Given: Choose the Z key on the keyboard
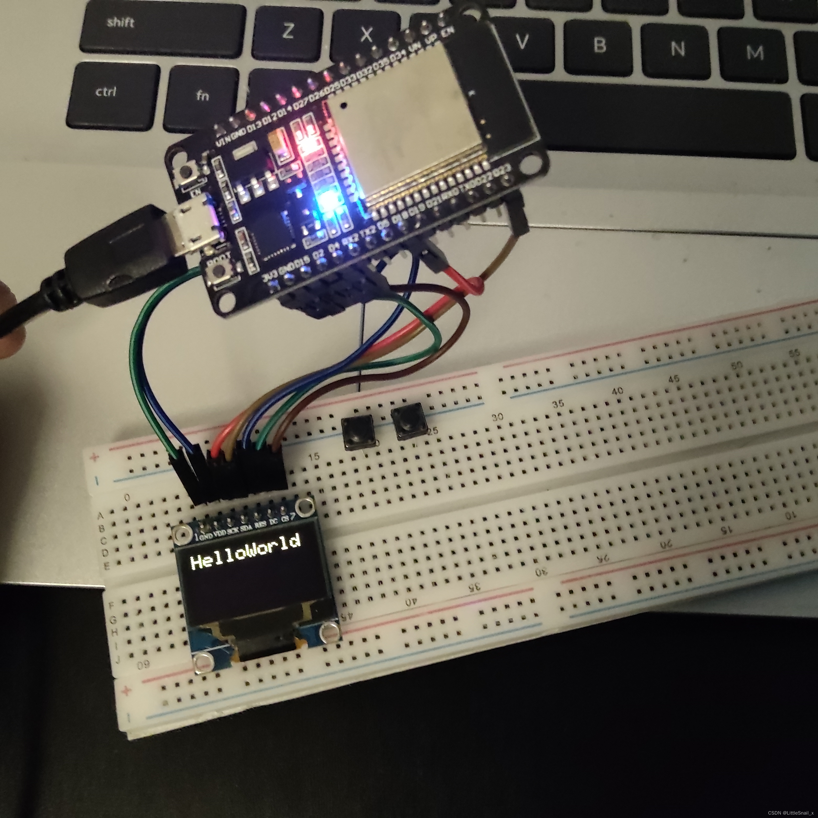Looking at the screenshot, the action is (288, 30).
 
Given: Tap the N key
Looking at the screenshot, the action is (677, 49).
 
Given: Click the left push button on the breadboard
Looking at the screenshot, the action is (358, 432).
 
